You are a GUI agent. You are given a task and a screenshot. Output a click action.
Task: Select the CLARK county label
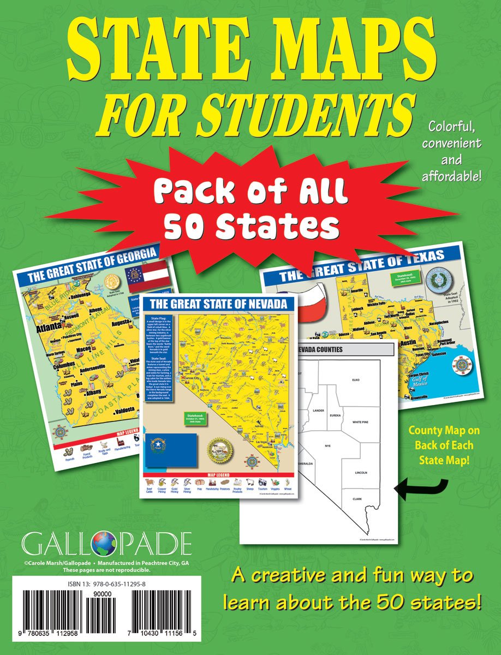(357, 499)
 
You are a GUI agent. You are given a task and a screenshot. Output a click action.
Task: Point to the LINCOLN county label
(360, 472)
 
